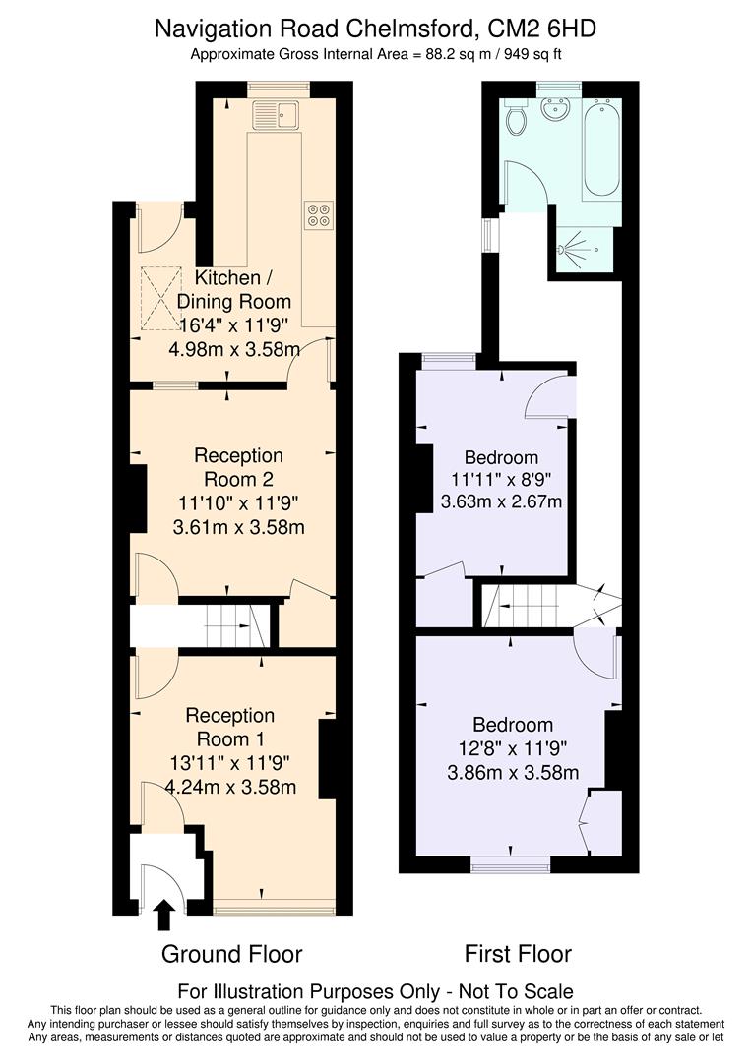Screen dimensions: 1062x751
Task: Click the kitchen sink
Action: (278, 117)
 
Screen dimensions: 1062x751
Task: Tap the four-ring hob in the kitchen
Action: (319, 214)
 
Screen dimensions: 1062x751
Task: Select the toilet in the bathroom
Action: (516, 119)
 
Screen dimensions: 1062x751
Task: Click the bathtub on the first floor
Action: (600, 147)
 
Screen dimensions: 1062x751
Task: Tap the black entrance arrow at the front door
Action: (164, 914)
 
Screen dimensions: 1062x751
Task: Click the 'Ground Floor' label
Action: (231, 954)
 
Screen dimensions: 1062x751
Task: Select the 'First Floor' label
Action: (518, 954)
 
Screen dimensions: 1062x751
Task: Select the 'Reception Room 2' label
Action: (238, 467)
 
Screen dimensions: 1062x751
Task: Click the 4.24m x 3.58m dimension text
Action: (231, 787)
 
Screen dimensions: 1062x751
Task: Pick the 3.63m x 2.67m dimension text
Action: (501, 503)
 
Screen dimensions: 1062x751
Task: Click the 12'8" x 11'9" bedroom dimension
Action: (511, 749)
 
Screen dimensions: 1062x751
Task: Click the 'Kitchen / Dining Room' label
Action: (235, 290)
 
